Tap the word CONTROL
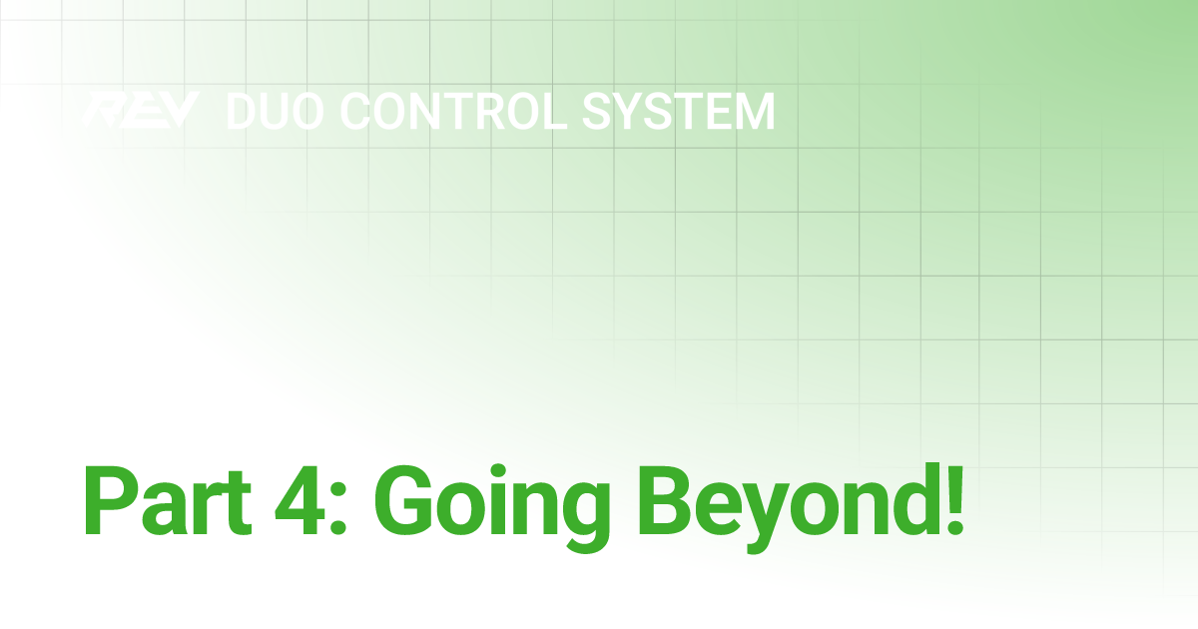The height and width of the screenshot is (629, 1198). click(x=456, y=111)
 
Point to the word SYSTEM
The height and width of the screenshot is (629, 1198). click(x=679, y=111)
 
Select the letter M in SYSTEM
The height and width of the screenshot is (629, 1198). click(x=751, y=111)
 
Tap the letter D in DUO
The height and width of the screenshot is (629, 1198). click(x=243, y=111)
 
